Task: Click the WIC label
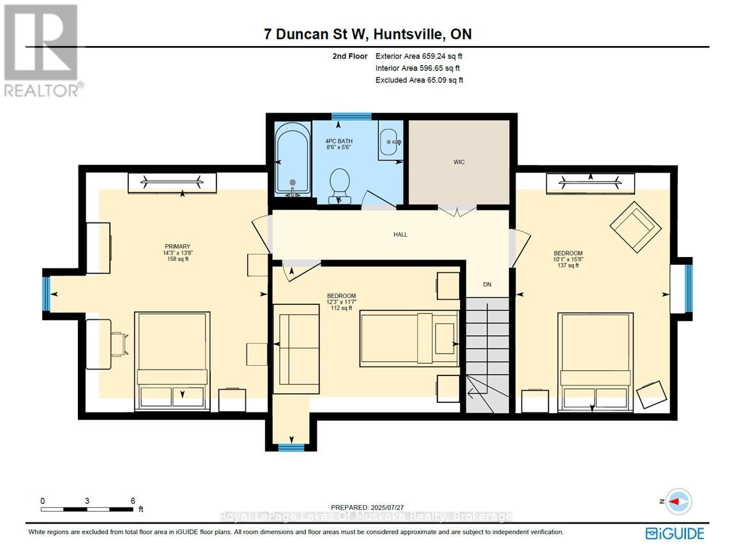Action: pyautogui.click(x=459, y=162)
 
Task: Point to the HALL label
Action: pyautogui.click(x=400, y=235)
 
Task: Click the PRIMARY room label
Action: pyautogui.click(x=178, y=247)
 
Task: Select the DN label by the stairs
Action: pyautogui.click(x=487, y=285)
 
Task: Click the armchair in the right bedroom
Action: pyautogui.click(x=635, y=224)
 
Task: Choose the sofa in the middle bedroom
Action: pyautogui.click(x=296, y=349)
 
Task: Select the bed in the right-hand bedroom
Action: pyautogui.click(x=596, y=360)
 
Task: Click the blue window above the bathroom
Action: pyautogui.click(x=351, y=116)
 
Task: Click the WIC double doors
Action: pyautogui.click(x=457, y=210)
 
